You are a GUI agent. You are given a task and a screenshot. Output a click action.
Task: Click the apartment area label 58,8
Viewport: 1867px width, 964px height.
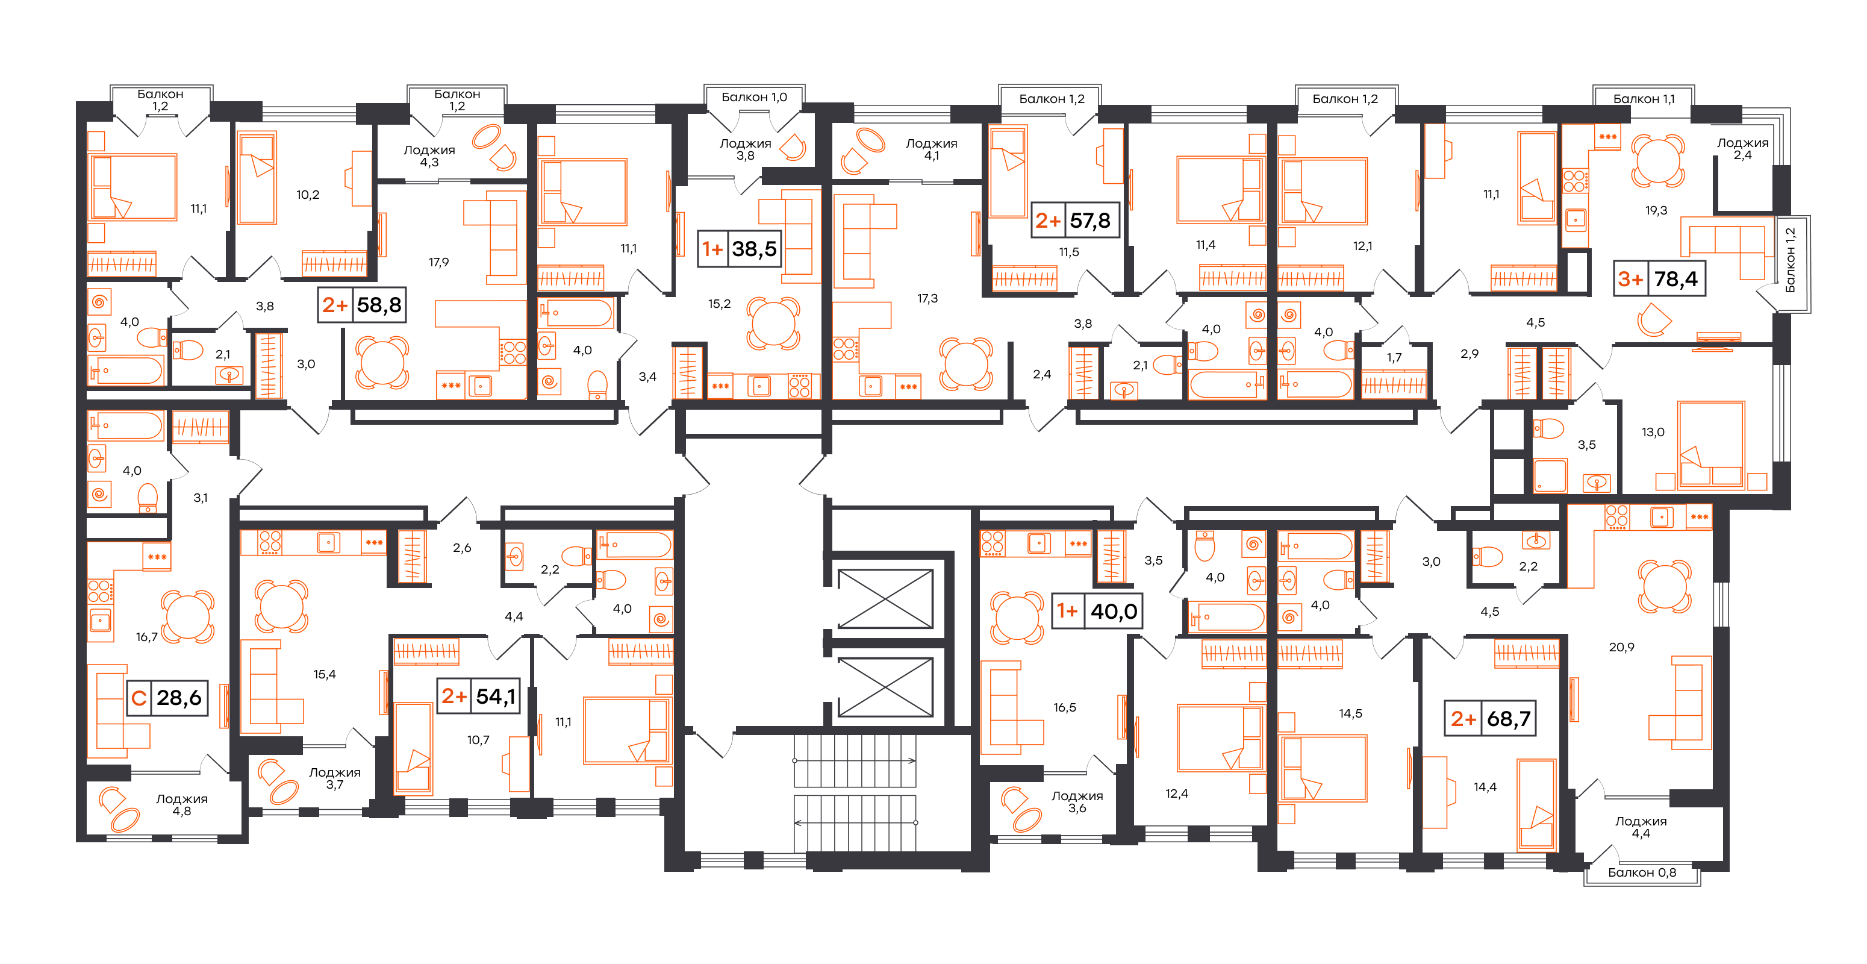pyautogui.click(x=379, y=305)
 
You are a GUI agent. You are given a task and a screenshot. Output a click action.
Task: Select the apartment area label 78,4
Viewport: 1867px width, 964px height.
pyautogui.click(x=1675, y=279)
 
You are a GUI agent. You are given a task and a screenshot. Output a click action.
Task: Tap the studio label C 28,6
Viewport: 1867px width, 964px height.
pyautogui.click(x=167, y=698)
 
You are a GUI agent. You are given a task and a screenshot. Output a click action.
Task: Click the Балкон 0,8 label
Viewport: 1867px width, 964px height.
pyautogui.click(x=1642, y=872)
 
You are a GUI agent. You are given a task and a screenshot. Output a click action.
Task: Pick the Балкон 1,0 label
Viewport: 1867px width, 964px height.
pyautogui.click(x=754, y=97)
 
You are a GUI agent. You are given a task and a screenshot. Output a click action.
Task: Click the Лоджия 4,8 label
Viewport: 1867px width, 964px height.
pyautogui.click(x=182, y=804)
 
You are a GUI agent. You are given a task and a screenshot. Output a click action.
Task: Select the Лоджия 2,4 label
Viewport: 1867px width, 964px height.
pyautogui.click(x=1742, y=149)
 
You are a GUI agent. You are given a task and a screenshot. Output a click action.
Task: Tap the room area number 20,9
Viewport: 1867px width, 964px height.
pyautogui.click(x=1621, y=647)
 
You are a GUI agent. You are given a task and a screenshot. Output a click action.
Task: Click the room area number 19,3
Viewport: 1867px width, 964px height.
pyautogui.click(x=1656, y=210)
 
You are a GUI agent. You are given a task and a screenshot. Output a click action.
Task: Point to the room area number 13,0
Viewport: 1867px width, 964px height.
pyautogui.click(x=1653, y=432)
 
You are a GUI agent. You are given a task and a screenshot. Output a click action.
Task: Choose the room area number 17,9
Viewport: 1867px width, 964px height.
pyautogui.click(x=438, y=262)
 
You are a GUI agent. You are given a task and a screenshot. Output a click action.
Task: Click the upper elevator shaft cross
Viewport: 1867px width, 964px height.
pyautogui.click(x=885, y=599)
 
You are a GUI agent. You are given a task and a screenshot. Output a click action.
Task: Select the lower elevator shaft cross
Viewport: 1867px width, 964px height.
pyautogui.click(x=885, y=687)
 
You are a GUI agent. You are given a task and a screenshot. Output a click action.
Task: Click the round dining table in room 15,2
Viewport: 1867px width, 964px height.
pyautogui.click(x=773, y=324)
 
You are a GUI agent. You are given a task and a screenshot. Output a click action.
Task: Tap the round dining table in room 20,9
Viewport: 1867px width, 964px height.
pyautogui.click(x=1665, y=586)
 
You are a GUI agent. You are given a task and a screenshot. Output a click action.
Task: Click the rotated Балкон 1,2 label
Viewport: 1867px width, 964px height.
pyautogui.click(x=1790, y=260)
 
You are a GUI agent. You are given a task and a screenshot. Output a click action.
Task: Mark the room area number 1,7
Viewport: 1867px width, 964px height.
pyautogui.click(x=1394, y=357)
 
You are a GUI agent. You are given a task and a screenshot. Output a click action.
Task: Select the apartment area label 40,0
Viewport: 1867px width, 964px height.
pyautogui.click(x=1114, y=612)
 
